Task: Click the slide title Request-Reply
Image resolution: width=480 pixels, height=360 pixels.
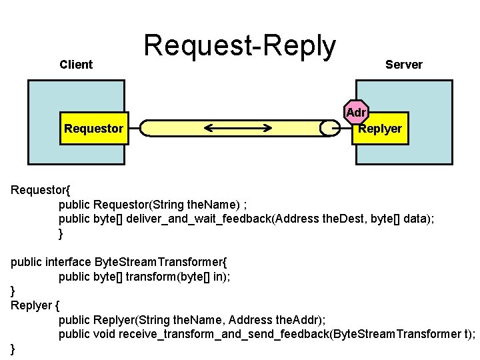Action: [240, 47]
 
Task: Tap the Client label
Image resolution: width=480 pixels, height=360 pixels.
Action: [76, 65]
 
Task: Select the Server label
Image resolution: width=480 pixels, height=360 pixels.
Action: [403, 65]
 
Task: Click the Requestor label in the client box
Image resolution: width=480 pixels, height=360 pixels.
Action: [93, 129]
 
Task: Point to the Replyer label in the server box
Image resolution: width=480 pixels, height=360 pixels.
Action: [381, 129]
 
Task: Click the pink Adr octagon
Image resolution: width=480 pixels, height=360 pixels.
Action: [356, 113]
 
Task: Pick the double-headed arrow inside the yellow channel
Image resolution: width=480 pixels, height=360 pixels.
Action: [239, 128]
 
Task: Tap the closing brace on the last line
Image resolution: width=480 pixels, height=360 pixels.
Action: [13, 349]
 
